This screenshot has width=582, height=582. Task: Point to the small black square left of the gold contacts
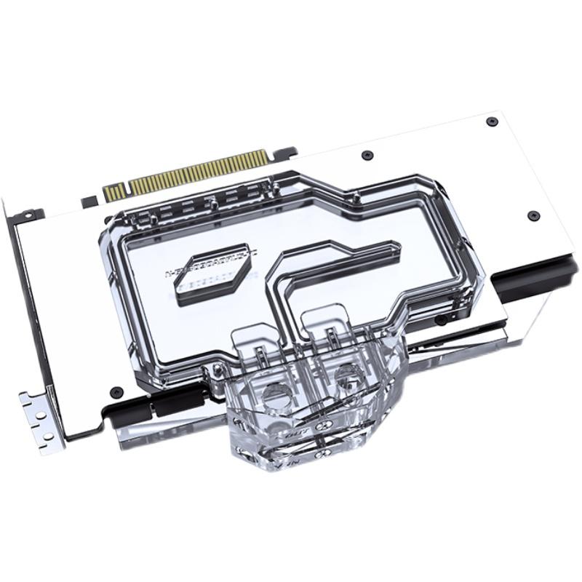tap(89, 199)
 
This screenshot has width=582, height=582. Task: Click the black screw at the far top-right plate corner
tap(493, 121)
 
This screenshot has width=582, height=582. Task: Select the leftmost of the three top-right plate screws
tap(367, 155)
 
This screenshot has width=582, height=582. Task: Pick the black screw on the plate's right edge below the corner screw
tap(533, 216)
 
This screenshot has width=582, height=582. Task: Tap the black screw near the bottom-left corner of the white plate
tap(115, 391)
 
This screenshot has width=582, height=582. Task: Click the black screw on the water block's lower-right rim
tap(440, 320)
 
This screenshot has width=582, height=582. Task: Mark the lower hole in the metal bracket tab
tap(47, 436)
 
